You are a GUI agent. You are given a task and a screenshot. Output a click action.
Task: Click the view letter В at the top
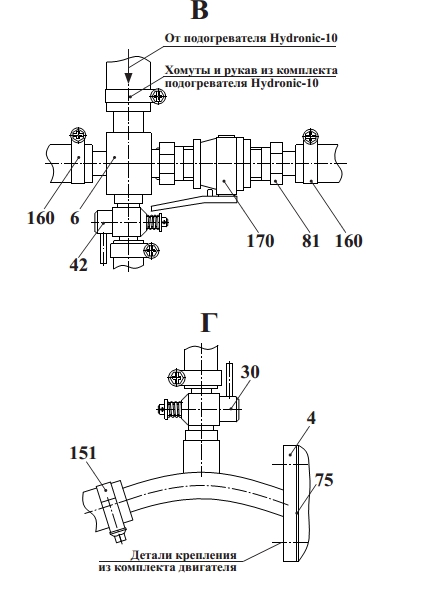pos(200,10)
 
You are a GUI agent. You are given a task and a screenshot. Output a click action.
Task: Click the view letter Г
pos(209,323)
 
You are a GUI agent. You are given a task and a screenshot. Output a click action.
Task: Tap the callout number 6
pos(75,218)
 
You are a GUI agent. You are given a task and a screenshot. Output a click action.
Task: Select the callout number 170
pos(260,241)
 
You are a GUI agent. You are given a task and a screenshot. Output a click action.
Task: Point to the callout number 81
pos(311,241)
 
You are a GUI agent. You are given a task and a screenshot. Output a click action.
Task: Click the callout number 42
pos(79,265)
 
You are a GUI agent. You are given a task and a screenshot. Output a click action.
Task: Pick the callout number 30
pos(250,372)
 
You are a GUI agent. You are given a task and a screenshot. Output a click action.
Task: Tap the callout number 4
pos(311,418)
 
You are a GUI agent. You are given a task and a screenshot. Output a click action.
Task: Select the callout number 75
pos(324,480)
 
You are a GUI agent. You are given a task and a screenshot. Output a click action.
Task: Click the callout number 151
pos(83,453)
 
